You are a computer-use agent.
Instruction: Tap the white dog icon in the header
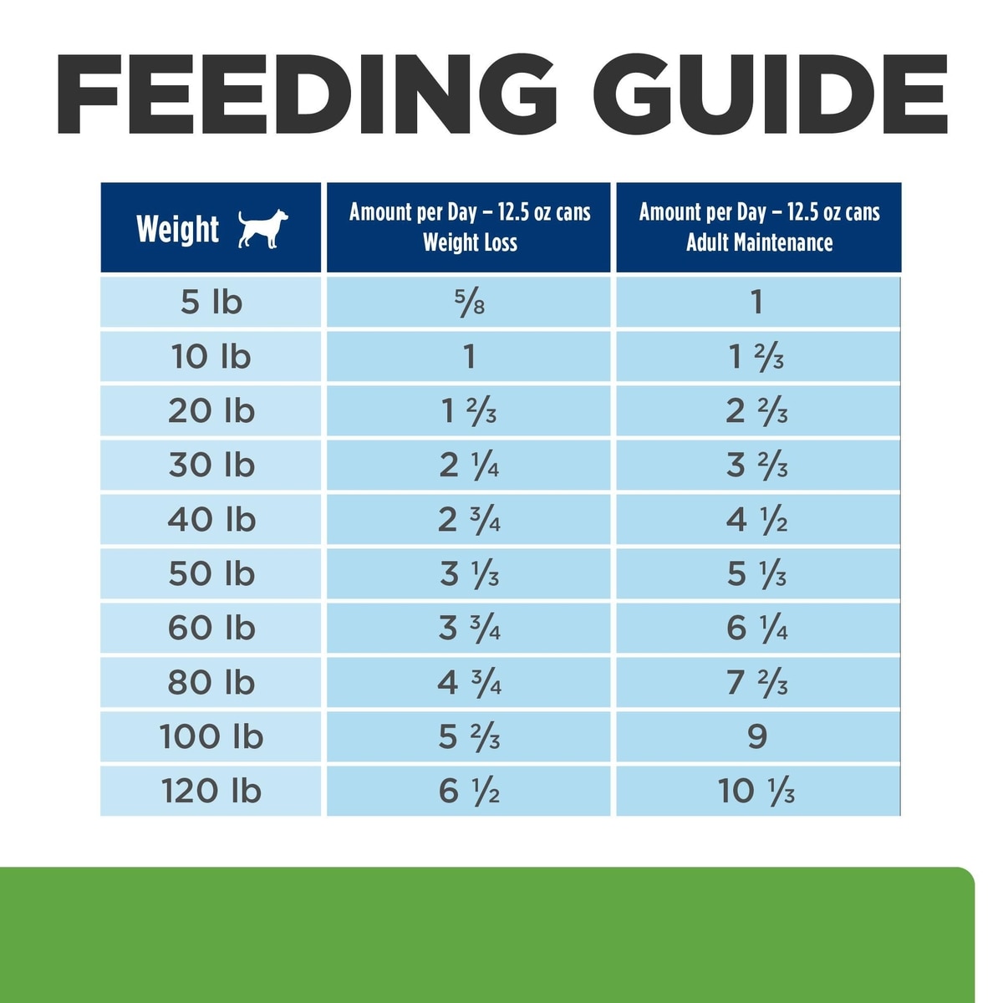pos(262,228)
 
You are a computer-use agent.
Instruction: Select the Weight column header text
pos(177,229)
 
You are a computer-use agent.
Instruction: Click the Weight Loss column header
pos(470,227)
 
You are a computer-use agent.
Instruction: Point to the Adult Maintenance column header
pos(759,227)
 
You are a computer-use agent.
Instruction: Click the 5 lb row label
pos(211,302)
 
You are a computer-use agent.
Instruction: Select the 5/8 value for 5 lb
pos(470,302)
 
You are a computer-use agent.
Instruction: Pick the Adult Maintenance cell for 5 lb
pos(757,302)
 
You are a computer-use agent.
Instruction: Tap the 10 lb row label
pos(211,357)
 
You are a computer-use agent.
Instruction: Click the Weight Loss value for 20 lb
pos(470,411)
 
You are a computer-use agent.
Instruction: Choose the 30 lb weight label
pos(211,465)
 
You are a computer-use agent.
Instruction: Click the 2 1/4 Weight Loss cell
pos(470,465)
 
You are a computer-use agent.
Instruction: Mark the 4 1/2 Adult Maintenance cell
pos(757,520)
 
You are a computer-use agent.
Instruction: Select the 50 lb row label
pos(211,574)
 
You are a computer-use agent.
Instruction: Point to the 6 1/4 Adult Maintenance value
pos(757,628)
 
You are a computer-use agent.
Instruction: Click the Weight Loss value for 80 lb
pos(470,683)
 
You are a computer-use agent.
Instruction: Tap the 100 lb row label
pos(211,736)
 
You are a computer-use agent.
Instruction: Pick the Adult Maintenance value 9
pos(757,736)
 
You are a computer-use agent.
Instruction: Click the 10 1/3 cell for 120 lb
pos(757,791)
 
